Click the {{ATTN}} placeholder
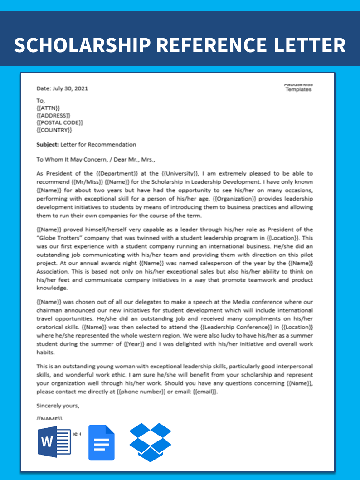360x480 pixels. [x=48, y=108]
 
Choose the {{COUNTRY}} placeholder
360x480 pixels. [x=54, y=130]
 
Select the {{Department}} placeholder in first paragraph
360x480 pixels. [x=117, y=174]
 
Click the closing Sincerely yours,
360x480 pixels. [x=58, y=406]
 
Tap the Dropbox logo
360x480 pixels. [x=151, y=442]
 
